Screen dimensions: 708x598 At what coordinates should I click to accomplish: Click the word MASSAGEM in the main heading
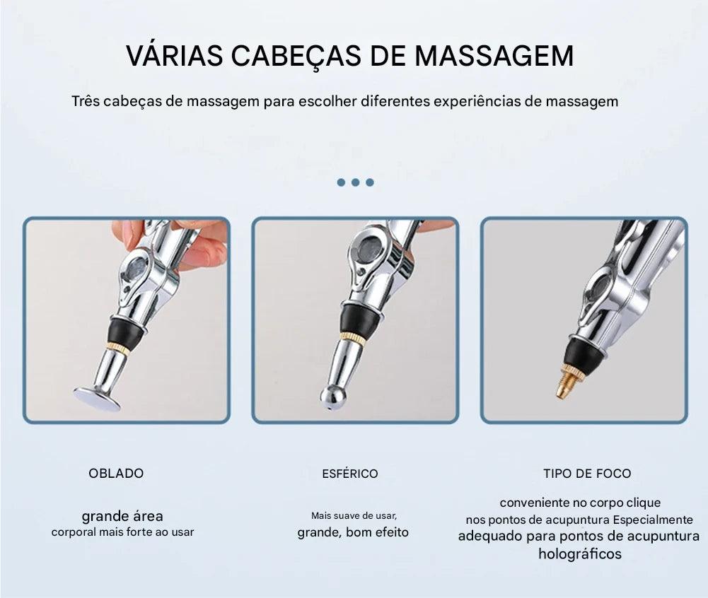tap(494, 56)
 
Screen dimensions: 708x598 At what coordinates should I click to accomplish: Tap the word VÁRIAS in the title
tap(174, 56)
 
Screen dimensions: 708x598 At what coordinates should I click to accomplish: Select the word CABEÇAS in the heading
tap(296, 57)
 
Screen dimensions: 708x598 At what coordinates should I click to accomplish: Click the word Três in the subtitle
tap(85, 100)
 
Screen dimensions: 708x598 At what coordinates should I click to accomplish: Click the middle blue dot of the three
tap(355, 182)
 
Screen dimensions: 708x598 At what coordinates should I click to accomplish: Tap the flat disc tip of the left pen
tap(97, 398)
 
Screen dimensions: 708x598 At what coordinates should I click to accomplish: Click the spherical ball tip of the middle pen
tap(332, 397)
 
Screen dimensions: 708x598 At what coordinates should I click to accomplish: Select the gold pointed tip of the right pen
tap(564, 385)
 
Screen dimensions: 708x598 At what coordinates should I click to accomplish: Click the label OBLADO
tap(116, 474)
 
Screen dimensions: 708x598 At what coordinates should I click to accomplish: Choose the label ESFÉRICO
tap(350, 474)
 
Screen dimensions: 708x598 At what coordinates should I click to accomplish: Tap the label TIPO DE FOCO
tap(587, 474)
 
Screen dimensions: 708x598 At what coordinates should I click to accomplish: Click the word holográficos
tap(580, 553)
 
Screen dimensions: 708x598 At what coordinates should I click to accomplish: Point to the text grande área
tap(122, 516)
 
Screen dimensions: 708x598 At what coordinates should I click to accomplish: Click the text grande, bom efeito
tap(353, 532)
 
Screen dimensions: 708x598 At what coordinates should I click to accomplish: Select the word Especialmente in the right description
tap(652, 520)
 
